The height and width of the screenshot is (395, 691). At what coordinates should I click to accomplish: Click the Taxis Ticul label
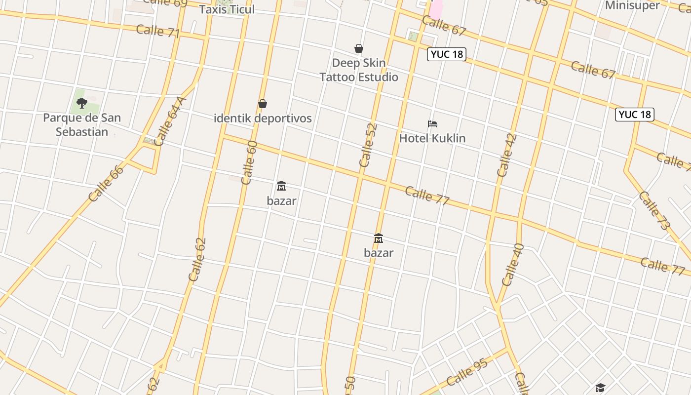click(x=227, y=9)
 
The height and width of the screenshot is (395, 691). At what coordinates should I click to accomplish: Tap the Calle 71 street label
click(x=157, y=31)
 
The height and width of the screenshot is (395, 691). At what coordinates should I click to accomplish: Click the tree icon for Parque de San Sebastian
click(x=82, y=103)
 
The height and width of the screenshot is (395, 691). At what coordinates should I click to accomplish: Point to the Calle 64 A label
click(x=171, y=121)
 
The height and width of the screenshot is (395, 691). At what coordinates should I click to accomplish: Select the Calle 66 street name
click(x=106, y=183)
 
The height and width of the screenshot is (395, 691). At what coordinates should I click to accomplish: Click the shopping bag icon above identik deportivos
click(x=263, y=104)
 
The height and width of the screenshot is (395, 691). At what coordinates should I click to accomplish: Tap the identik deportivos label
click(x=263, y=118)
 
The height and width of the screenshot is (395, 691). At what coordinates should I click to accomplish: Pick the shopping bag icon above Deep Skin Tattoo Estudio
click(x=359, y=48)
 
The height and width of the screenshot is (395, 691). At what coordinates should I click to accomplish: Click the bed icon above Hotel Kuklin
click(x=432, y=124)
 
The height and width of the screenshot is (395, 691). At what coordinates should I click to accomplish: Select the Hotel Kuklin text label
click(x=432, y=138)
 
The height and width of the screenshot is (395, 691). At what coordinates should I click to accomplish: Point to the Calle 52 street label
click(x=368, y=145)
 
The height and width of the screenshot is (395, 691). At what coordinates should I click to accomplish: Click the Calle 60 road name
click(x=249, y=162)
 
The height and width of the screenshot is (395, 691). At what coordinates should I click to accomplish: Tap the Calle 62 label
click(x=197, y=260)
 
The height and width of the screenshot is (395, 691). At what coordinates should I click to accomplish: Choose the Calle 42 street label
click(x=507, y=155)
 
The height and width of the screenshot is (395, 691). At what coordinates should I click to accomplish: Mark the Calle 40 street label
click(x=512, y=265)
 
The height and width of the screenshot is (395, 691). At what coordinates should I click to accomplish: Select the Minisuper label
click(x=632, y=5)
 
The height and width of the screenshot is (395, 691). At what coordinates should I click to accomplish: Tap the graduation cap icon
click(x=600, y=388)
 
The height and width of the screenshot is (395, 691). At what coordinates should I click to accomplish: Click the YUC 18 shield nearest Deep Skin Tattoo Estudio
click(x=446, y=54)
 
